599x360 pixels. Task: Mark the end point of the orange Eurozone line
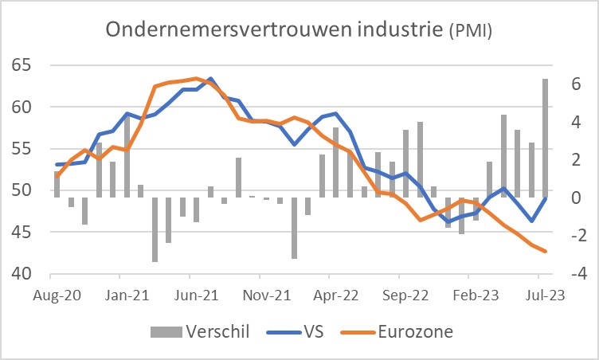(545, 251)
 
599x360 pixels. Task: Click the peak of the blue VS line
(209, 79)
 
